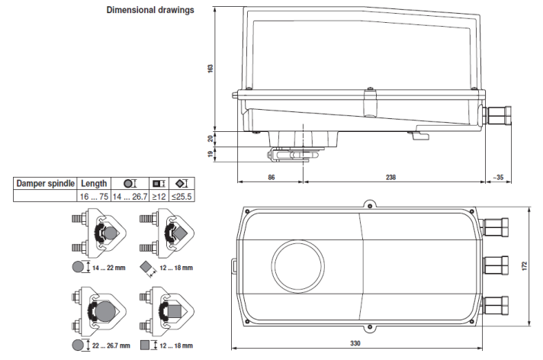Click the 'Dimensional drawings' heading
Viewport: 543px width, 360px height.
pyautogui.click(x=150, y=10)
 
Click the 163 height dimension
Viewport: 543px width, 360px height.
pyautogui.click(x=211, y=68)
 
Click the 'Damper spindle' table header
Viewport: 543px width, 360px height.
pyautogui.click(x=46, y=184)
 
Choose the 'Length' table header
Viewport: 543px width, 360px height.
pyautogui.click(x=94, y=184)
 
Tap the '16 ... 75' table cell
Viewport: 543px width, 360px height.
pyautogui.click(x=94, y=196)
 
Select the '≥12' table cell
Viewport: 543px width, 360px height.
pyautogui.click(x=158, y=196)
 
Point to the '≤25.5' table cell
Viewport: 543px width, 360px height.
pyautogui.click(x=182, y=196)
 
